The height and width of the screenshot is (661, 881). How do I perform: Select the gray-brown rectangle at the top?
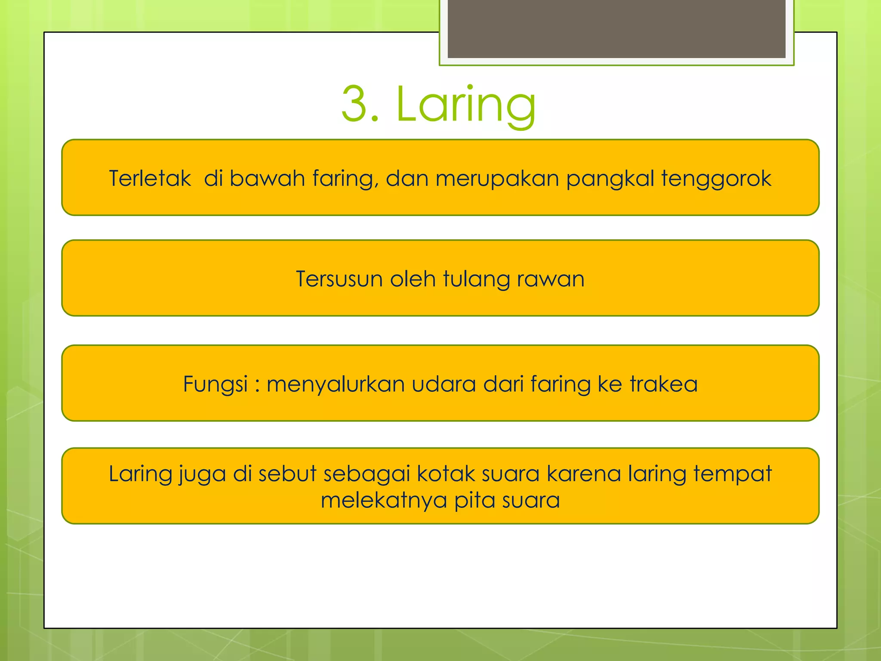616,28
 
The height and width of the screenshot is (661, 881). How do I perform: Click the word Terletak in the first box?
150,178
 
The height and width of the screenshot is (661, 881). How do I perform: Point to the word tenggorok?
716,178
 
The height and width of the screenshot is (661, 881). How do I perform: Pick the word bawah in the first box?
267,178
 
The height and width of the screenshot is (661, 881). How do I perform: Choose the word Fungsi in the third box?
216,384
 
